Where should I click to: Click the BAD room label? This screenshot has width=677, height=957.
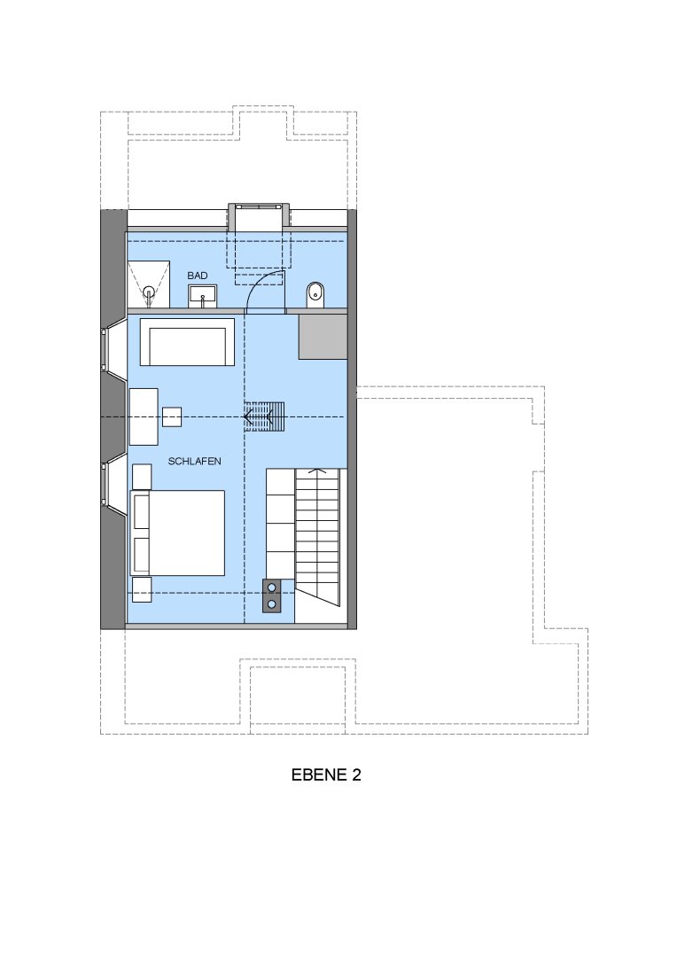[x=198, y=276]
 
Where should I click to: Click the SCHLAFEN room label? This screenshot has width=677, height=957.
[x=194, y=462]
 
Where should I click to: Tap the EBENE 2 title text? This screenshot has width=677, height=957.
[x=326, y=774]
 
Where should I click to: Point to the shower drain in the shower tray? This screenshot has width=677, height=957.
[x=149, y=291]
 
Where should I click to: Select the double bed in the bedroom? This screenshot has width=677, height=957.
[x=177, y=533]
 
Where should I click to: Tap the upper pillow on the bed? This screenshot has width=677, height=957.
[x=142, y=511]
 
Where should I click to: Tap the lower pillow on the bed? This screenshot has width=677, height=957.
[x=142, y=554]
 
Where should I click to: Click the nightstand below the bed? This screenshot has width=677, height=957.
[x=142, y=589]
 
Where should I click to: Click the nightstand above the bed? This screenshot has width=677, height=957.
[x=142, y=477]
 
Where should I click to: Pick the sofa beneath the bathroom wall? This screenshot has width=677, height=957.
[x=187, y=342]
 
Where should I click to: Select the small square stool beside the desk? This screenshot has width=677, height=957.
[x=172, y=416]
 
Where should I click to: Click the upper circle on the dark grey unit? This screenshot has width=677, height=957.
[x=272, y=588]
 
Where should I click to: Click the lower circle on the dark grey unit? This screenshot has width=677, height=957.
[x=272, y=604]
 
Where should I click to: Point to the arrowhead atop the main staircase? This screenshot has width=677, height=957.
[x=316, y=471]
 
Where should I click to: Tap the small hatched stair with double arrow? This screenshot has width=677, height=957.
[x=264, y=416]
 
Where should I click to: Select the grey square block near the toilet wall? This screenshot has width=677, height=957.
[x=323, y=337]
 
